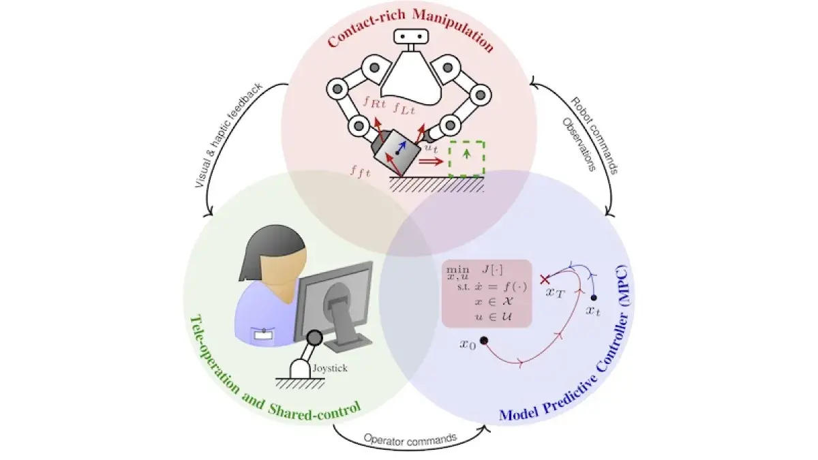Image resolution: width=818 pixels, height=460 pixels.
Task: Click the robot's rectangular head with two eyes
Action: pyautogui.click(x=411, y=37)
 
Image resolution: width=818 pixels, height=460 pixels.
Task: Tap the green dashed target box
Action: pyautogui.click(x=466, y=159)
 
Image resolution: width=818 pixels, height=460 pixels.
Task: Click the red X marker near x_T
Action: pyautogui.click(x=545, y=279)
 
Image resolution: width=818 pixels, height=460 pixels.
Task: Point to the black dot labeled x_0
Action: pyautogui.click(x=484, y=341)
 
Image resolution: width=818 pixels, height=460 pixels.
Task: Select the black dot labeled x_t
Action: pyautogui.click(x=594, y=298)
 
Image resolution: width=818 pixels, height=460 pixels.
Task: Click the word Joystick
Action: pyautogui.click(x=330, y=368)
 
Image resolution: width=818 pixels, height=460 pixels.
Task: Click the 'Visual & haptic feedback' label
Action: pyautogui.click(x=229, y=136)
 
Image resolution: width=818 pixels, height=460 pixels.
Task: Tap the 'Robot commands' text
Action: pyautogui.click(x=594, y=136)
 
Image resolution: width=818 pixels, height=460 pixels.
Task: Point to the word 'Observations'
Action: pyautogui.click(x=579, y=144)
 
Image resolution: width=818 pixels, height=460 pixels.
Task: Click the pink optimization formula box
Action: pyautogui.click(x=487, y=294)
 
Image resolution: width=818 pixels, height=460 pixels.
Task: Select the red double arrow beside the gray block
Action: pyautogui.click(x=431, y=162)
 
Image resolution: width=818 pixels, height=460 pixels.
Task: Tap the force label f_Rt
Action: pyautogui.click(x=375, y=102)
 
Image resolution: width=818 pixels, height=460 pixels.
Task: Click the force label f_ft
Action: pyautogui.click(x=361, y=172)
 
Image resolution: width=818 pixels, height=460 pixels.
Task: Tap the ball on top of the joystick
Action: pyautogui.click(x=314, y=338)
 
